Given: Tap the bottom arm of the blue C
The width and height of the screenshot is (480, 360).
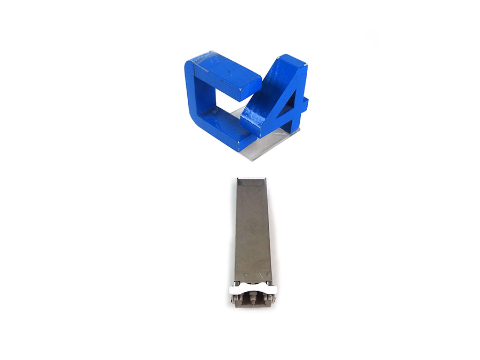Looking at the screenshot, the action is (x=226, y=128).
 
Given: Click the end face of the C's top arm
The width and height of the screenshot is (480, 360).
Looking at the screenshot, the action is (x=251, y=89).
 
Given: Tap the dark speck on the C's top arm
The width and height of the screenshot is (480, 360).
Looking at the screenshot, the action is (x=228, y=73).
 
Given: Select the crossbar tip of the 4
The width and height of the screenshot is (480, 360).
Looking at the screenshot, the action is (x=305, y=103).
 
